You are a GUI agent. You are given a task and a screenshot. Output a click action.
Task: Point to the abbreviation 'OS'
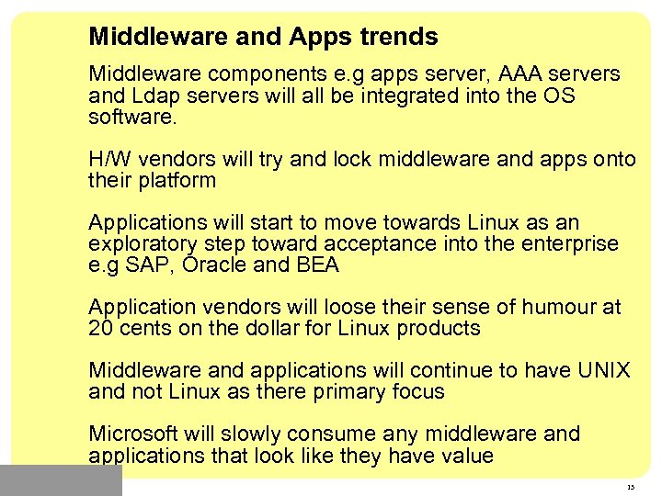[x=559, y=96]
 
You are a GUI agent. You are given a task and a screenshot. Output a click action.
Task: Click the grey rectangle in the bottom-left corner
[x=61, y=480]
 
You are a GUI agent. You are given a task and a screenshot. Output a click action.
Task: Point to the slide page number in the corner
[x=630, y=487]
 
